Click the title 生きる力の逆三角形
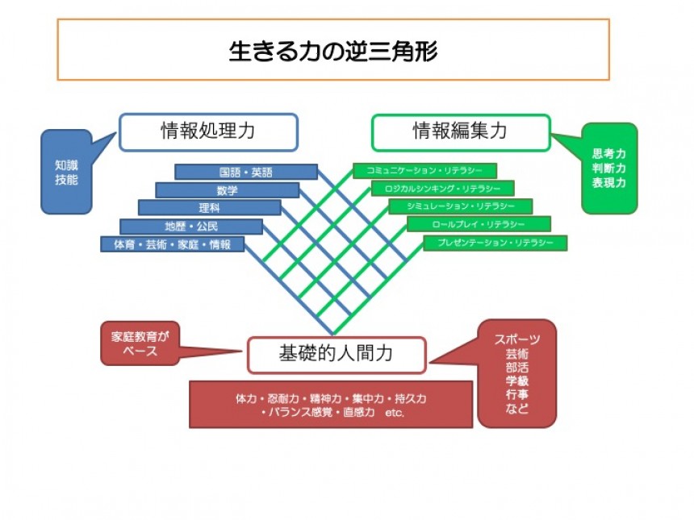tap(332, 51)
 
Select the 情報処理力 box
tap(208, 132)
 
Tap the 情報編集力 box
tap(460, 132)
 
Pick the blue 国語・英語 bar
tap(245, 173)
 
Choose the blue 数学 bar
tap(227, 190)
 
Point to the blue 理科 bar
tap(209, 208)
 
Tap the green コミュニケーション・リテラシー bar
tap(424, 171)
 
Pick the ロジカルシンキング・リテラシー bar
tap(442, 189)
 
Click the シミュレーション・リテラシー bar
tap(460, 207)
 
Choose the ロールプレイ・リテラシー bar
tap(479, 225)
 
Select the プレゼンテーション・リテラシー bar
tap(495, 243)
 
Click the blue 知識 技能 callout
tap(65, 172)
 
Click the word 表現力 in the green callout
tap(608, 183)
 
